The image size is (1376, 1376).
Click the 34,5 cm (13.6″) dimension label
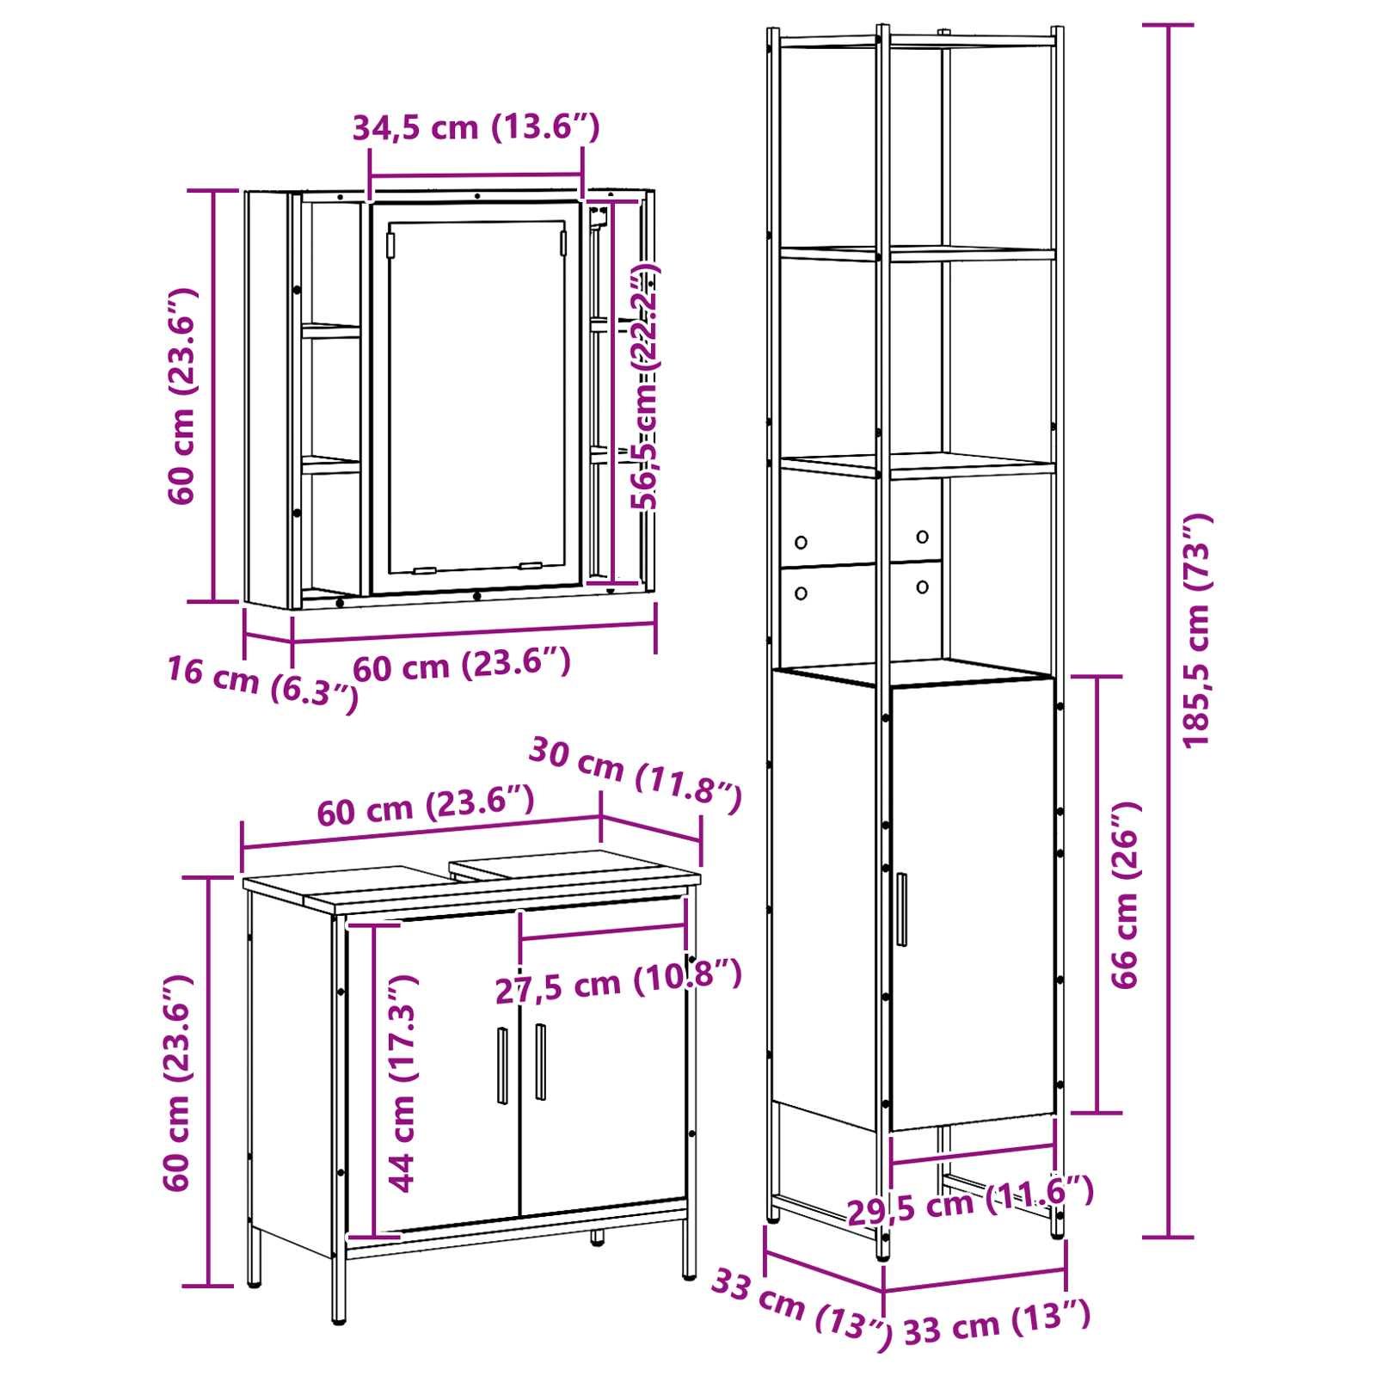pyautogui.click(x=476, y=127)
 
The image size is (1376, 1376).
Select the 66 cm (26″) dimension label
pyautogui.click(x=1125, y=895)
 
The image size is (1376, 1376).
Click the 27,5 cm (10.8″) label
pyautogui.click(x=617, y=982)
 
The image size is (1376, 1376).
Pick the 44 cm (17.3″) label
pyautogui.click(x=402, y=1084)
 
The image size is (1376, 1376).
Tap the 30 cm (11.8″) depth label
pyautogui.click(x=635, y=775)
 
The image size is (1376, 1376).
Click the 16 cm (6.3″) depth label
pyautogui.click(x=262, y=683)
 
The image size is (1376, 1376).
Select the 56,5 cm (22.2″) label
pyautogui.click(x=644, y=387)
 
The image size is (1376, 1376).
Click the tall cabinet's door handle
pyautogui.click(x=901, y=909)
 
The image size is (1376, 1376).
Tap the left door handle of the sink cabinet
pyautogui.click(x=502, y=1066)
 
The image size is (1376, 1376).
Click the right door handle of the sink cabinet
pyautogui.click(x=540, y=1061)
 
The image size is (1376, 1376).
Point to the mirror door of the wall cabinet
pyautogui.click(x=476, y=397)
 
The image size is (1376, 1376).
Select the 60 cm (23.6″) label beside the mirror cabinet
pyautogui.click(x=181, y=396)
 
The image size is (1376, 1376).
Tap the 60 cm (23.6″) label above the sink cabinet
pyautogui.click(x=426, y=806)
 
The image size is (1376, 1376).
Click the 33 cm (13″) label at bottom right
pyautogui.click(x=997, y=1324)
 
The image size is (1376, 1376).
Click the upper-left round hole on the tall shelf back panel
pyautogui.click(x=801, y=543)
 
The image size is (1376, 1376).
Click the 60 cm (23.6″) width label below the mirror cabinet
pyautogui.click(x=462, y=665)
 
